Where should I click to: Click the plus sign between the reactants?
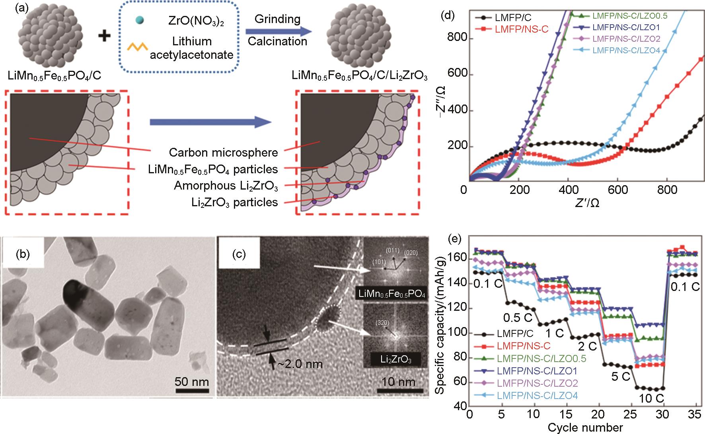pyautogui.click(x=105, y=36)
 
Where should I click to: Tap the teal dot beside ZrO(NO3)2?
pyautogui.click(x=136, y=19)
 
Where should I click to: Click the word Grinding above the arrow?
pyautogui.click(x=277, y=19)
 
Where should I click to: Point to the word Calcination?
pyautogui.click(x=277, y=41)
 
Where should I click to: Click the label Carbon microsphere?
pyautogui.click(x=223, y=152)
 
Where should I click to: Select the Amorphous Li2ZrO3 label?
pyautogui.click(x=226, y=186)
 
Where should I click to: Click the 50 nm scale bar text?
pyautogui.click(x=192, y=382)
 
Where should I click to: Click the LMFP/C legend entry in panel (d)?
pyautogui.click(x=513, y=17)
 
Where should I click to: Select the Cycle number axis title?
pyautogui.click(x=585, y=428)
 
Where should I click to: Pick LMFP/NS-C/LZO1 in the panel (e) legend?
pyautogui.click(x=537, y=370)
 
